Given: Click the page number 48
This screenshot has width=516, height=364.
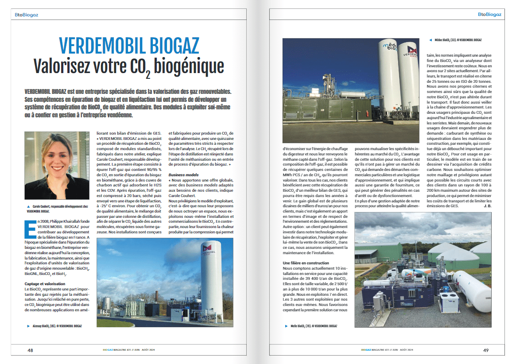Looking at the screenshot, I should point(30,350).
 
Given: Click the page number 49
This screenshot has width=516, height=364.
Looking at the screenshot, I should point(485,350).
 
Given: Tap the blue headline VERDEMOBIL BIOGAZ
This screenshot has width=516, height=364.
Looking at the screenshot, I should point(129,46).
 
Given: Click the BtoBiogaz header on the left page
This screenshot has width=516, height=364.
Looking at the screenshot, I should point(26,15).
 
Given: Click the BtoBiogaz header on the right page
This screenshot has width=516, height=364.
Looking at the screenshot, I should point(489,15).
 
